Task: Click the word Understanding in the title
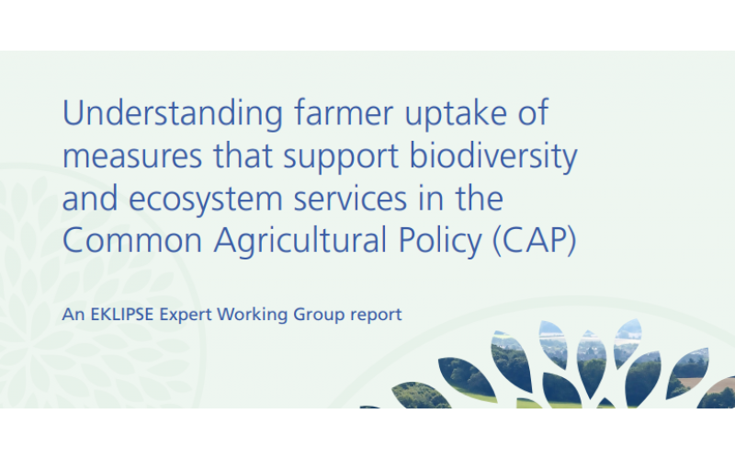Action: click(x=173, y=114)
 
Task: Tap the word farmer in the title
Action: click(x=344, y=112)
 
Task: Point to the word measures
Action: click(x=132, y=156)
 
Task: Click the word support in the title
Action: click(x=341, y=156)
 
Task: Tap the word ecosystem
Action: click(x=205, y=200)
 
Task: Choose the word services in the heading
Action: click(x=350, y=199)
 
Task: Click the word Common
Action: click(x=132, y=240)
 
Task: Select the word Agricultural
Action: click(x=300, y=241)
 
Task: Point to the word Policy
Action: click(x=440, y=241)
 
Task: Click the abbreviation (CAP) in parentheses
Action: click(x=535, y=241)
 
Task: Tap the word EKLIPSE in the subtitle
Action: click(x=122, y=314)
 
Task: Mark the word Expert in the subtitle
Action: click(x=186, y=315)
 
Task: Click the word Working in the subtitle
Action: click(x=252, y=315)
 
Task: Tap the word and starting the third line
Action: click(x=89, y=199)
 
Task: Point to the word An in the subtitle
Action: click(x=73, y=314)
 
